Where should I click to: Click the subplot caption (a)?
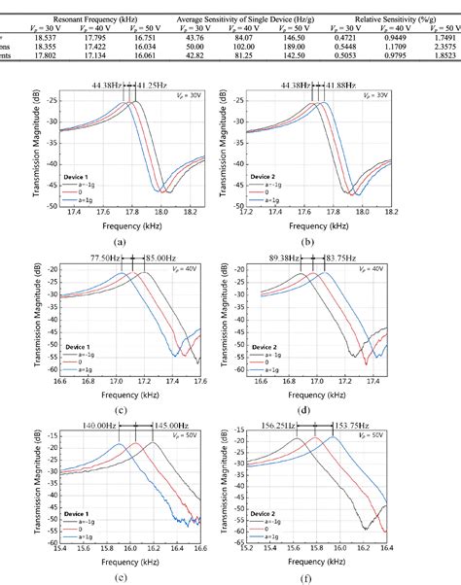(119, 239)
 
